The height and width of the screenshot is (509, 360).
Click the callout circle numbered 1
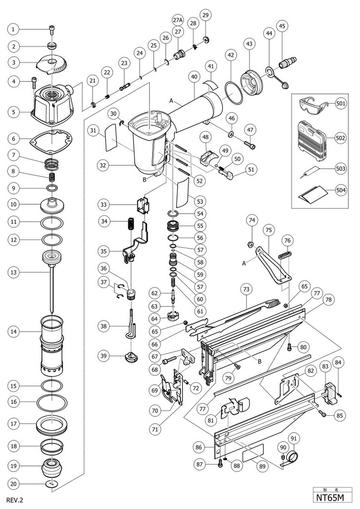[x=13, y=30]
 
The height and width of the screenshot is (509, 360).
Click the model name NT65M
[x=329, y=497]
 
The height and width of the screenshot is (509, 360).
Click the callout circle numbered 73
[x=247, y=289]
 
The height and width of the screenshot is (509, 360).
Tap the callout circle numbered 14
[x=13, y=332]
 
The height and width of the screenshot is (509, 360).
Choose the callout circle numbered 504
[x=341, y=190]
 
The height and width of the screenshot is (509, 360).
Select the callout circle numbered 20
[x=13, y=484]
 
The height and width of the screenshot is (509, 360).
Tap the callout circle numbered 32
[x=103, y=165]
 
